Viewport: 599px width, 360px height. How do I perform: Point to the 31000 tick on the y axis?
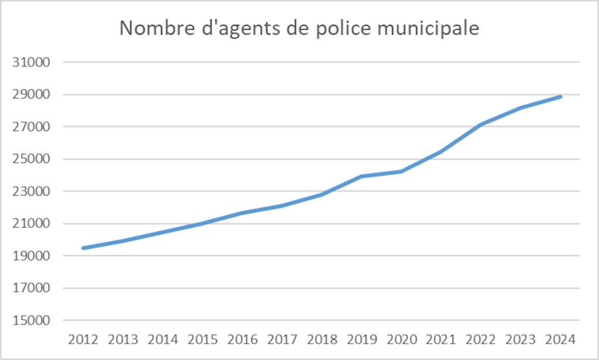pos(33,62)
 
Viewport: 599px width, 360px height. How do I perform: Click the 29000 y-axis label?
pos(33,94)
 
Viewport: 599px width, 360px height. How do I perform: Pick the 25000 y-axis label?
pos(33,159)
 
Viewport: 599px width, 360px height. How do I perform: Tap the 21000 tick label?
pos(33,224)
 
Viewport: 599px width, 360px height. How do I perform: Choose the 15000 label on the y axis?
pos(33,321)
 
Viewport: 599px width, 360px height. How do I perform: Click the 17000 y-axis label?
pos(33,289)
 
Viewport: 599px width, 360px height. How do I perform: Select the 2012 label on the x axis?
pos(84,340)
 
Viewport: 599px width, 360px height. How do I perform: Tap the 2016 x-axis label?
pos(243,340)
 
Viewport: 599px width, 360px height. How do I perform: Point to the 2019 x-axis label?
pos(362,340)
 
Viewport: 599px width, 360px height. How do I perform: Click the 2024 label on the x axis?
pos(560,340)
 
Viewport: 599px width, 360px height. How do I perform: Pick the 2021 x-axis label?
pos(441,340)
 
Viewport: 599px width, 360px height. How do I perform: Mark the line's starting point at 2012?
pos(84,248)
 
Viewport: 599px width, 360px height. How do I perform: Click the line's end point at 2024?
pos(560,97)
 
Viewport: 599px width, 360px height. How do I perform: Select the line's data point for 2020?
pos(402,172)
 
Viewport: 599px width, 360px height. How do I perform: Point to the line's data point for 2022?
pos(481,125)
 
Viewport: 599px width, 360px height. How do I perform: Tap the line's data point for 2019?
pos(362,176)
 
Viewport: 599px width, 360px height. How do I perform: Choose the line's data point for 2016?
pos(243,213)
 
